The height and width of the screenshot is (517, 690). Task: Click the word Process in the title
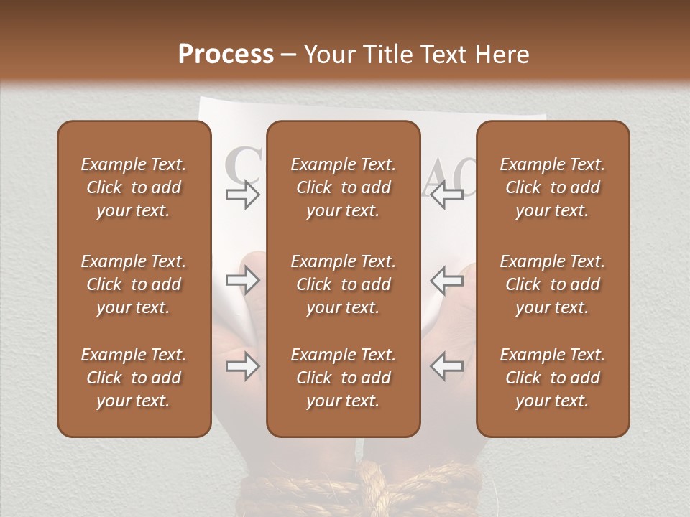(226, 55)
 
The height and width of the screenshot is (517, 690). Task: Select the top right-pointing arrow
(242, 195)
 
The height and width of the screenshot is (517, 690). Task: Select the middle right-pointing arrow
(242, 281)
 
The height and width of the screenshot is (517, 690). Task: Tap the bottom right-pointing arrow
(242, 367)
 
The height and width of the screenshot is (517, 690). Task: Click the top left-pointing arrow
(446, 195)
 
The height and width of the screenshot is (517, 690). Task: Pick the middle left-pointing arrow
(446, 281)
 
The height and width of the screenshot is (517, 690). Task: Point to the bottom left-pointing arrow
(446, 367)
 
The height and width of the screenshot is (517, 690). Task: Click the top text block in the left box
(134, 187)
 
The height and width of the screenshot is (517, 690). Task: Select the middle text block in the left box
(134, 284)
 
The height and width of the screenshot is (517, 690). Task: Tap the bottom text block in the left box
(134, 378)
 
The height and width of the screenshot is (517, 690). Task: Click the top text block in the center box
(343, 187)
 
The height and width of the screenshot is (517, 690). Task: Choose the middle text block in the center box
(343, 284)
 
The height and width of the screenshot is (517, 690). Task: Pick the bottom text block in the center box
(343, 378)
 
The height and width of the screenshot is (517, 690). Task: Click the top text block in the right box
(552, 187)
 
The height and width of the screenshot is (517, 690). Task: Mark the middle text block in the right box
(552, 284)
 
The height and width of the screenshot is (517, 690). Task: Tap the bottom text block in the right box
(552, 378)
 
